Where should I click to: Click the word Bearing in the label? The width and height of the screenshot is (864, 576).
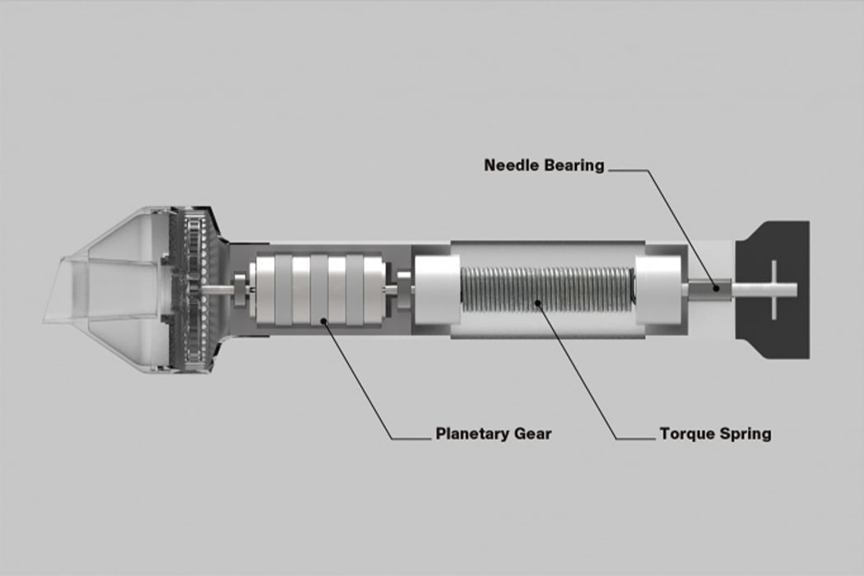coord(574,166)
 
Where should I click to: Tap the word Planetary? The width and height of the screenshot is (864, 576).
coord(472,434)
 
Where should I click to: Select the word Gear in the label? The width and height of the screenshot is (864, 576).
coord(533,434)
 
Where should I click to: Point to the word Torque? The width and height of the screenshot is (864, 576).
coord(686,434)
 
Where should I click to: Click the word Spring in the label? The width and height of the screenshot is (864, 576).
coord(744,434)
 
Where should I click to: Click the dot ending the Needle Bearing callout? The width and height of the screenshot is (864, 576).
coord(716,288)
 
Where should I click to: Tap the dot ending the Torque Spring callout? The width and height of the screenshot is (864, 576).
coord(538,301)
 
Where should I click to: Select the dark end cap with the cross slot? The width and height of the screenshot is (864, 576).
coord(773,290)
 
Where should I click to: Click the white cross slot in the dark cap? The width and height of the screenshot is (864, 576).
coord(774,290)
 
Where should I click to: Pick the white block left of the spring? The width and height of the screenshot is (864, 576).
coord(436,290)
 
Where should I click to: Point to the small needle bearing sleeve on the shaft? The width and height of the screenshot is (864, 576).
coord(710,289)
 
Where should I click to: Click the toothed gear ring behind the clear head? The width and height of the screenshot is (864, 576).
coord(191,290)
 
